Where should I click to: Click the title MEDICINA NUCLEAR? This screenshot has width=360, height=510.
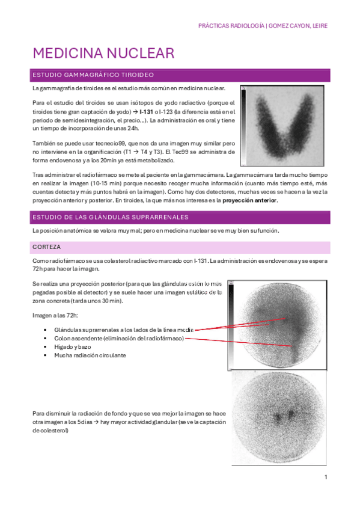click(103, 54)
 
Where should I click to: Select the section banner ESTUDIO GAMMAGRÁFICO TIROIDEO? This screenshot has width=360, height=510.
click(94, 75)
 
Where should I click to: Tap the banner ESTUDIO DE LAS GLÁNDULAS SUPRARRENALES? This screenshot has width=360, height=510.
click(111, 217)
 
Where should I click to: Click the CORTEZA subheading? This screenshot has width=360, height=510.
click(46, 247)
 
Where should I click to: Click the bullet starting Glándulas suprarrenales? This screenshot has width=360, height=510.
click(123, 330)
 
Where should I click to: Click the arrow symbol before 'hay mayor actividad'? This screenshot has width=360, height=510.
click(96, 422)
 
